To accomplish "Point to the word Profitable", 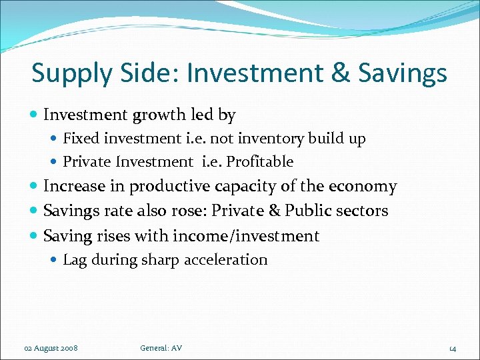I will tap(261, 162).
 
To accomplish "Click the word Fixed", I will tap(81, 139).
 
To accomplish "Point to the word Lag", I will tap(75, 260).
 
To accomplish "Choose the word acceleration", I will tap(225, 260).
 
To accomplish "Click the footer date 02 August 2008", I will tap(50, 348).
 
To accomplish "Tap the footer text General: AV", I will tap(161, 348).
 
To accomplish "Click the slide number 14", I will tap(452, 349).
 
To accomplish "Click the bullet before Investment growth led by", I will tap(35, 115).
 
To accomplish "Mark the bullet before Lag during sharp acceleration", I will tap(55, 260).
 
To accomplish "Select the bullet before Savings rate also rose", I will tap(35, 211).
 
